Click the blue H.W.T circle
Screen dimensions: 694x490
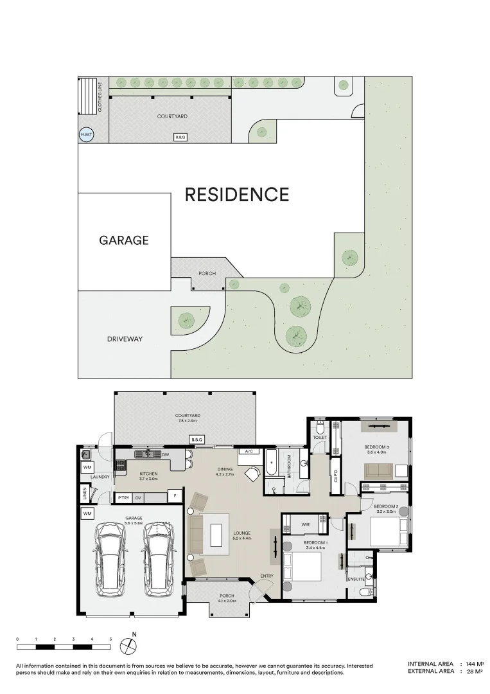(85, 135)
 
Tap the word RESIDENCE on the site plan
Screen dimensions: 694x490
(237, 194)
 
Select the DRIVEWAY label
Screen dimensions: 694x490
(125, 338)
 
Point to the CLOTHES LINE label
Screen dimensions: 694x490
(100, 97)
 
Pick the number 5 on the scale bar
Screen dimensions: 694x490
(111, 639)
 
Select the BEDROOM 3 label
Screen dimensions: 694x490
(377, 447)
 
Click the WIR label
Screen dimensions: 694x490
(306, 525)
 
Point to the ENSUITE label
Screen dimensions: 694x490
(356, 579)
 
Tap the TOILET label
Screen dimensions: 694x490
(320, 438)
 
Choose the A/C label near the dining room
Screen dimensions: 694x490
(248, 452)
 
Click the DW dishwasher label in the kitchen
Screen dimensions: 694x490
(165, 455)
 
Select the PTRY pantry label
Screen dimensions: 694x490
(123, 497)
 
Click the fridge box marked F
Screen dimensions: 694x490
(173, 496)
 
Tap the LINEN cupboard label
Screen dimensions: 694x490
(85, 494)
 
